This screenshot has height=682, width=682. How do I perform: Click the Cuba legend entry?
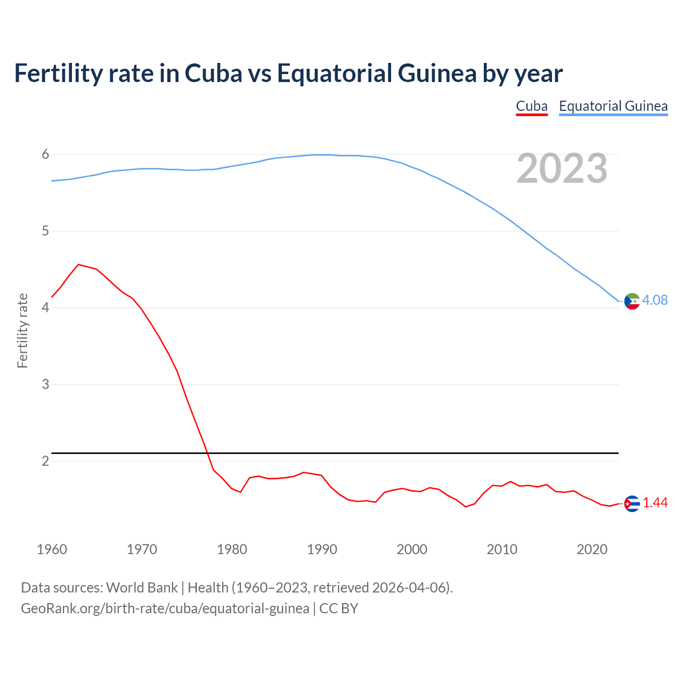click(x=532, y=106)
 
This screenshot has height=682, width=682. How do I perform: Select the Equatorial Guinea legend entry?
click(x=613, y=106)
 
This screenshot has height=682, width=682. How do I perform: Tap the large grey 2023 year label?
click(x=562, y=168)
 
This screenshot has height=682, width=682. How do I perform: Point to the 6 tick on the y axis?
click(x=45, y=155)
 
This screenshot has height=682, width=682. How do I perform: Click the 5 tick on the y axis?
click(x=45, y=231)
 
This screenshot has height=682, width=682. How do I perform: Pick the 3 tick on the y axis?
click(x=45, y=384)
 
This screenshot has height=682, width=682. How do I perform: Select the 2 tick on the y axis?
click(x=45, y=461)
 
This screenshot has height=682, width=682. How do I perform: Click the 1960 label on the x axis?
click(x=52, y=549)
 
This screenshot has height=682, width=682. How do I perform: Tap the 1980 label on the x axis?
click(x=232, y=549)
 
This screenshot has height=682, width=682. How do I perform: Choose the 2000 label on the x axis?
click(x=412, y=549)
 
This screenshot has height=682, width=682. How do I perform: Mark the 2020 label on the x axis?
click(x=592, y=549)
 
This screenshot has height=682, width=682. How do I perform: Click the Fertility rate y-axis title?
click(x=22, y=330)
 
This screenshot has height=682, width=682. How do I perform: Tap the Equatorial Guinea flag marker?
click(x=632, y=301)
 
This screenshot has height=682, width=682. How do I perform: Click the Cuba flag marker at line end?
click(x=632, y=503)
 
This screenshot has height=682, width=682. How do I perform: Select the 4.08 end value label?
click(x=655, y=301)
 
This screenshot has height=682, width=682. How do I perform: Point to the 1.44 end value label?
click(x=655, y=503)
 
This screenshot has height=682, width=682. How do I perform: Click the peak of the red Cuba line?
click(x=79, y=264)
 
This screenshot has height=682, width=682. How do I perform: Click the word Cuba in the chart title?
click(x=213, y=73)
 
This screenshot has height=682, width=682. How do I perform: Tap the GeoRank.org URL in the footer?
click(x=165, y=608)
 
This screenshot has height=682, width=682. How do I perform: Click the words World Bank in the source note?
click(x=142, y=588)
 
